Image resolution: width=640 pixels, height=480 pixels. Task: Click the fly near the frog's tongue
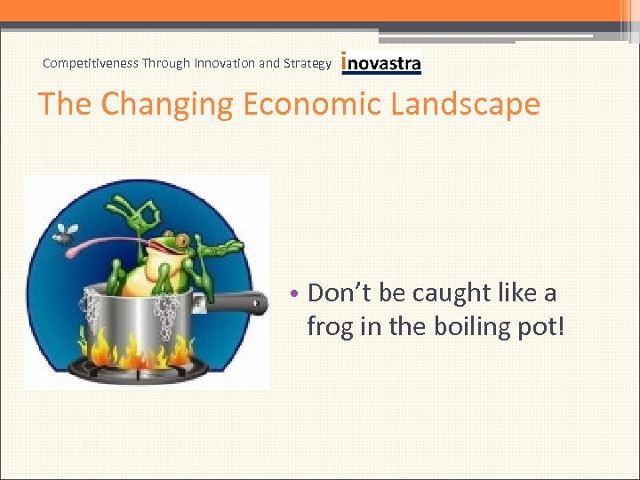[65, 234]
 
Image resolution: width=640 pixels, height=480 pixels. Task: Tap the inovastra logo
[381, 63]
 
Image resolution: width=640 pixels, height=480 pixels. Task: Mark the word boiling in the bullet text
[469, 326]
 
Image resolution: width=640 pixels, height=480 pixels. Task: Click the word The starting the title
[66, 104]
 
